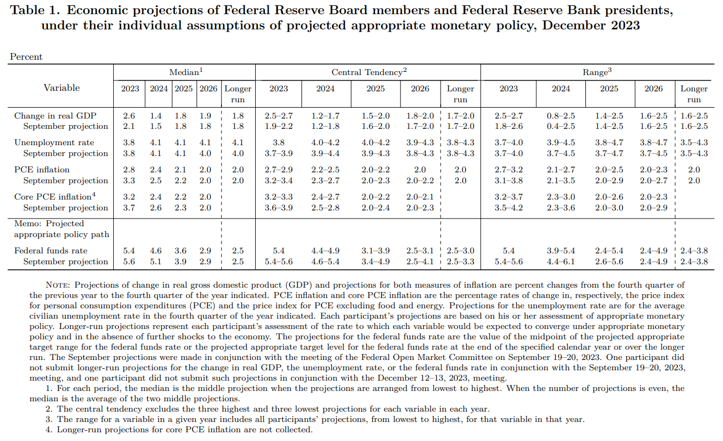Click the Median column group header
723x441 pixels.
coord(185,72)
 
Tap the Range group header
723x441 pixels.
coord(594,72)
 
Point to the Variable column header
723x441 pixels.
coord(61,88)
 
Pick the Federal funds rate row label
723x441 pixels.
coord(51,251)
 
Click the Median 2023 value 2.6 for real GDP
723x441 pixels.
coord(130,116)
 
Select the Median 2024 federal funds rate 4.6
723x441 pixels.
coord(156,251)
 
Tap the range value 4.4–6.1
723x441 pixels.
coord(561,262)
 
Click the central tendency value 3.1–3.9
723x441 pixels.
coord(375,251)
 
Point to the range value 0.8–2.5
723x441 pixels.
coord(561,116)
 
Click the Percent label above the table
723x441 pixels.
coord(26,57)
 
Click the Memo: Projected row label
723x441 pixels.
coord(49,223)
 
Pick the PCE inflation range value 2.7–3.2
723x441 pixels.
coord(509,170)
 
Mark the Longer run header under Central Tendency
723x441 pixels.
coord(460,94)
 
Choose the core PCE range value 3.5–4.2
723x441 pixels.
coord(509,208)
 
